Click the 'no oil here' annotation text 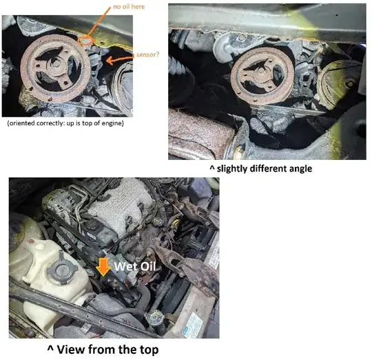(129, 7)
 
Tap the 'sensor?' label (148, 54)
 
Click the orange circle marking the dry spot (85, 41)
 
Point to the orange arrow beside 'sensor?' (119, 59)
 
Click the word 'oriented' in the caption (21, 123)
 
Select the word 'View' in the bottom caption (67, 350)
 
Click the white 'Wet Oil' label (135, 266)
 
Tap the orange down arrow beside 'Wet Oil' (103, 267)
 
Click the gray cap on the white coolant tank (62, 270)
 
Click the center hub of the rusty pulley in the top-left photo (56, 64)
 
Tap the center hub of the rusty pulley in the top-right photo (260, 70)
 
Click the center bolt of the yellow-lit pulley (349, 83)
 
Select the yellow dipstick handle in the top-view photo (175, 223)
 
